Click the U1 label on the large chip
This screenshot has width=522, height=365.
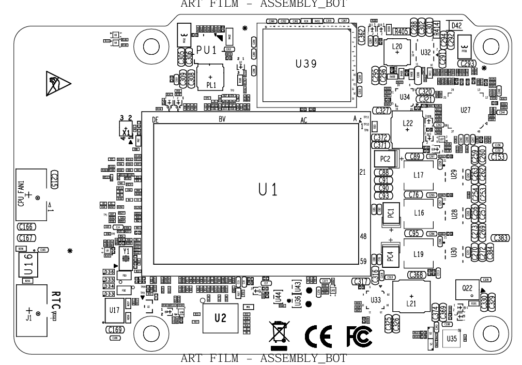coord(268,190)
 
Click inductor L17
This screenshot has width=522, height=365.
coord(419,175)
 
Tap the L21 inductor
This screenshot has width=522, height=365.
coord(411,300)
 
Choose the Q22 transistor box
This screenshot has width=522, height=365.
coord(467,290)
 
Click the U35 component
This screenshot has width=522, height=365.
coord(452,339)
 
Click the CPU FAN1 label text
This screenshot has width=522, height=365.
coord(21,193)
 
